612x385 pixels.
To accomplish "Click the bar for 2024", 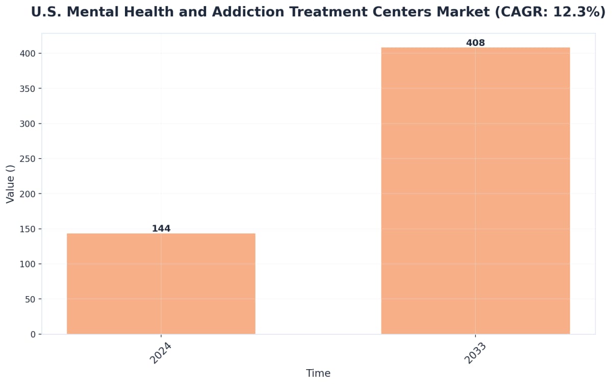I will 161,283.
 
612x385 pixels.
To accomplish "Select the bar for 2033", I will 475,190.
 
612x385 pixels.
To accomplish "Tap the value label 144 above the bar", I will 161,229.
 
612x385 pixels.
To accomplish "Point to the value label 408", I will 475,43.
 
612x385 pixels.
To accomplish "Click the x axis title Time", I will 318,373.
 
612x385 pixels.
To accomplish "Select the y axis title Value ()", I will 11,184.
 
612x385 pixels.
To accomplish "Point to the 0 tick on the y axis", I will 33,334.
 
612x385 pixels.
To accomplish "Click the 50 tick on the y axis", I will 31,299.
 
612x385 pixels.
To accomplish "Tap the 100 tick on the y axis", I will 29,264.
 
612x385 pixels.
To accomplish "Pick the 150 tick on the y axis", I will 29,229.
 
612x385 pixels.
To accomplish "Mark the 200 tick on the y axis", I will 29,194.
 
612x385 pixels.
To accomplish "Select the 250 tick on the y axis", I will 29,159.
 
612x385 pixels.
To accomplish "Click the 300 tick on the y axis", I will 29,124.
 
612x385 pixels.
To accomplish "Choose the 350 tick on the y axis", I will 29,88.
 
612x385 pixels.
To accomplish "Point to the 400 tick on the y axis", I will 29,54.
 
